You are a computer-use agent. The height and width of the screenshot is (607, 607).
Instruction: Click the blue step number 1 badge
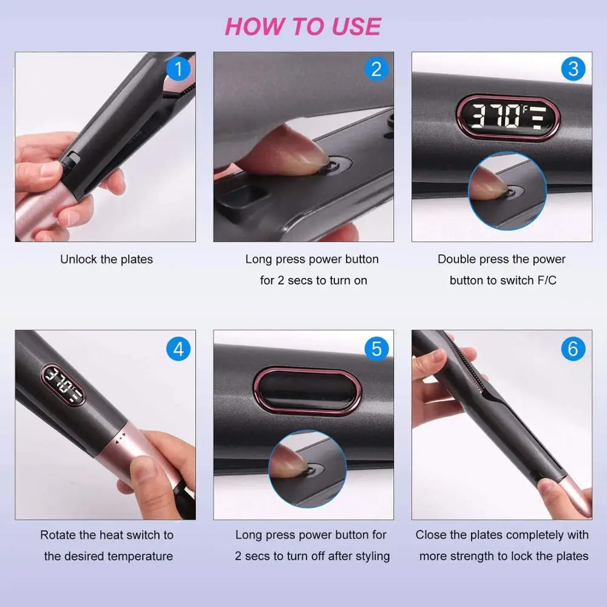tap(178, 69)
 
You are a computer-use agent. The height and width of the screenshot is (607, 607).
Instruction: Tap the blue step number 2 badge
tap(377, 69)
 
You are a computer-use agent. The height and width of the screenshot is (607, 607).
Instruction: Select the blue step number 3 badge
tap(574, 69)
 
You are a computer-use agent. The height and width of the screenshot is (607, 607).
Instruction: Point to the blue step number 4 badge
tap(178, 349)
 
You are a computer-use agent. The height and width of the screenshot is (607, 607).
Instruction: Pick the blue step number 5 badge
tap(377, 349)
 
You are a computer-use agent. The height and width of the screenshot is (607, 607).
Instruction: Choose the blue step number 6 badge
tap(574, 349)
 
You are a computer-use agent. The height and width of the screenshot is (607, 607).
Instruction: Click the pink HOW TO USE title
tap(303, 27)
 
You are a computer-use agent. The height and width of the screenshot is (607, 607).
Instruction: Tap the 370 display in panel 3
tap(508, 117)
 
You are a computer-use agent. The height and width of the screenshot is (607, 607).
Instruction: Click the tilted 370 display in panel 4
tap(63, 385)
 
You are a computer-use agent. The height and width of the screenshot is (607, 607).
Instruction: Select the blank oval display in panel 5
tap(307, 391)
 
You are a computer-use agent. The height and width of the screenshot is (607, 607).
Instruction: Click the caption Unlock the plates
tap(106, 259)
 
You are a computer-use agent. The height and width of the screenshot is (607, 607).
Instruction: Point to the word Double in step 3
tap(456, 259)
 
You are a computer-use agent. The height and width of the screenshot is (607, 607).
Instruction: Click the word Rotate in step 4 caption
tap(58, 535)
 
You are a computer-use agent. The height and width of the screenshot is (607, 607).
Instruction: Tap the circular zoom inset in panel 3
tap(507, 191)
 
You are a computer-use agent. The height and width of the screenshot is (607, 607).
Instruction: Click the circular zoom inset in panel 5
tap(307, 469)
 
